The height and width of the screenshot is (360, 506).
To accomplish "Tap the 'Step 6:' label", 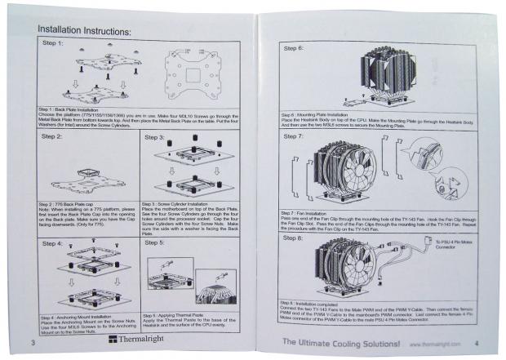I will [x=293, y=48].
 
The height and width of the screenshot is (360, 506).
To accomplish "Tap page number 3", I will [x=31, y=340].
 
